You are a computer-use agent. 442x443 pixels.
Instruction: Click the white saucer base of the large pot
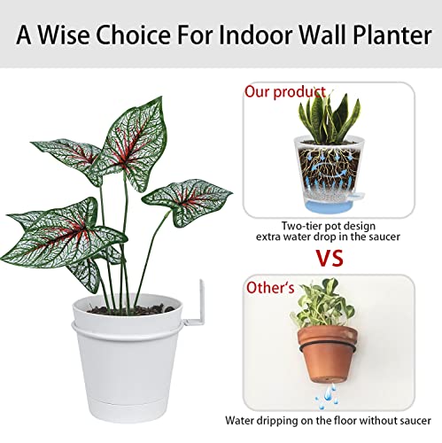point(146,409)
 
